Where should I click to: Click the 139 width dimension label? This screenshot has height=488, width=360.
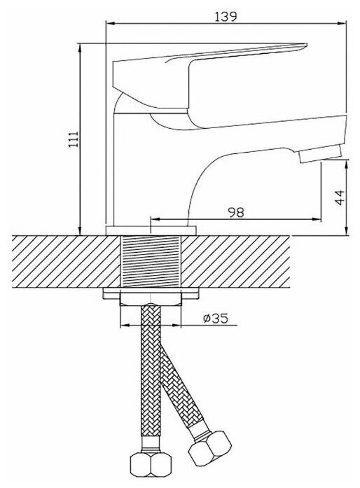coord(226,16)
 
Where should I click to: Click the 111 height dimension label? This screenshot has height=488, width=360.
coord(74,139)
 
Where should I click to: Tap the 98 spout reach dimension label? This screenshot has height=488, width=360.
coord(236,212)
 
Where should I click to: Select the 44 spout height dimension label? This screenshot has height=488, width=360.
coord(340,197)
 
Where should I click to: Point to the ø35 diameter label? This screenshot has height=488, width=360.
coord(216,318)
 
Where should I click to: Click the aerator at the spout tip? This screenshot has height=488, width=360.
coord(320,155)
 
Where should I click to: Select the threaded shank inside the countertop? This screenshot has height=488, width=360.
coord(151,261)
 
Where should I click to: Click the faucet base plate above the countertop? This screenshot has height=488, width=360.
coord(151,230)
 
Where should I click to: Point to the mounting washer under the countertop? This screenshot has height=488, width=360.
coord(151,293)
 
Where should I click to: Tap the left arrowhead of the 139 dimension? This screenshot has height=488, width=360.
coord(110,22)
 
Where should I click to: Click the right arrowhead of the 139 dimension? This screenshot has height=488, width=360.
coord(342,22)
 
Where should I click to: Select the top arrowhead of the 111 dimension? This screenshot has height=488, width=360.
coord(81,48)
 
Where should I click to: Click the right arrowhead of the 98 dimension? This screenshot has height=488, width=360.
coord(317,220)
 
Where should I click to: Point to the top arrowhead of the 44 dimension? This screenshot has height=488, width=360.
coord(347,164)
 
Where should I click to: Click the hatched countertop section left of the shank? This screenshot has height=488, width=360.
coord(66,261)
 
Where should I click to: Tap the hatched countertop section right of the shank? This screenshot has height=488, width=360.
coord(236,261)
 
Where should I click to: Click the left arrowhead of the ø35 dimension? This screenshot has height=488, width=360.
coord(124,326)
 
